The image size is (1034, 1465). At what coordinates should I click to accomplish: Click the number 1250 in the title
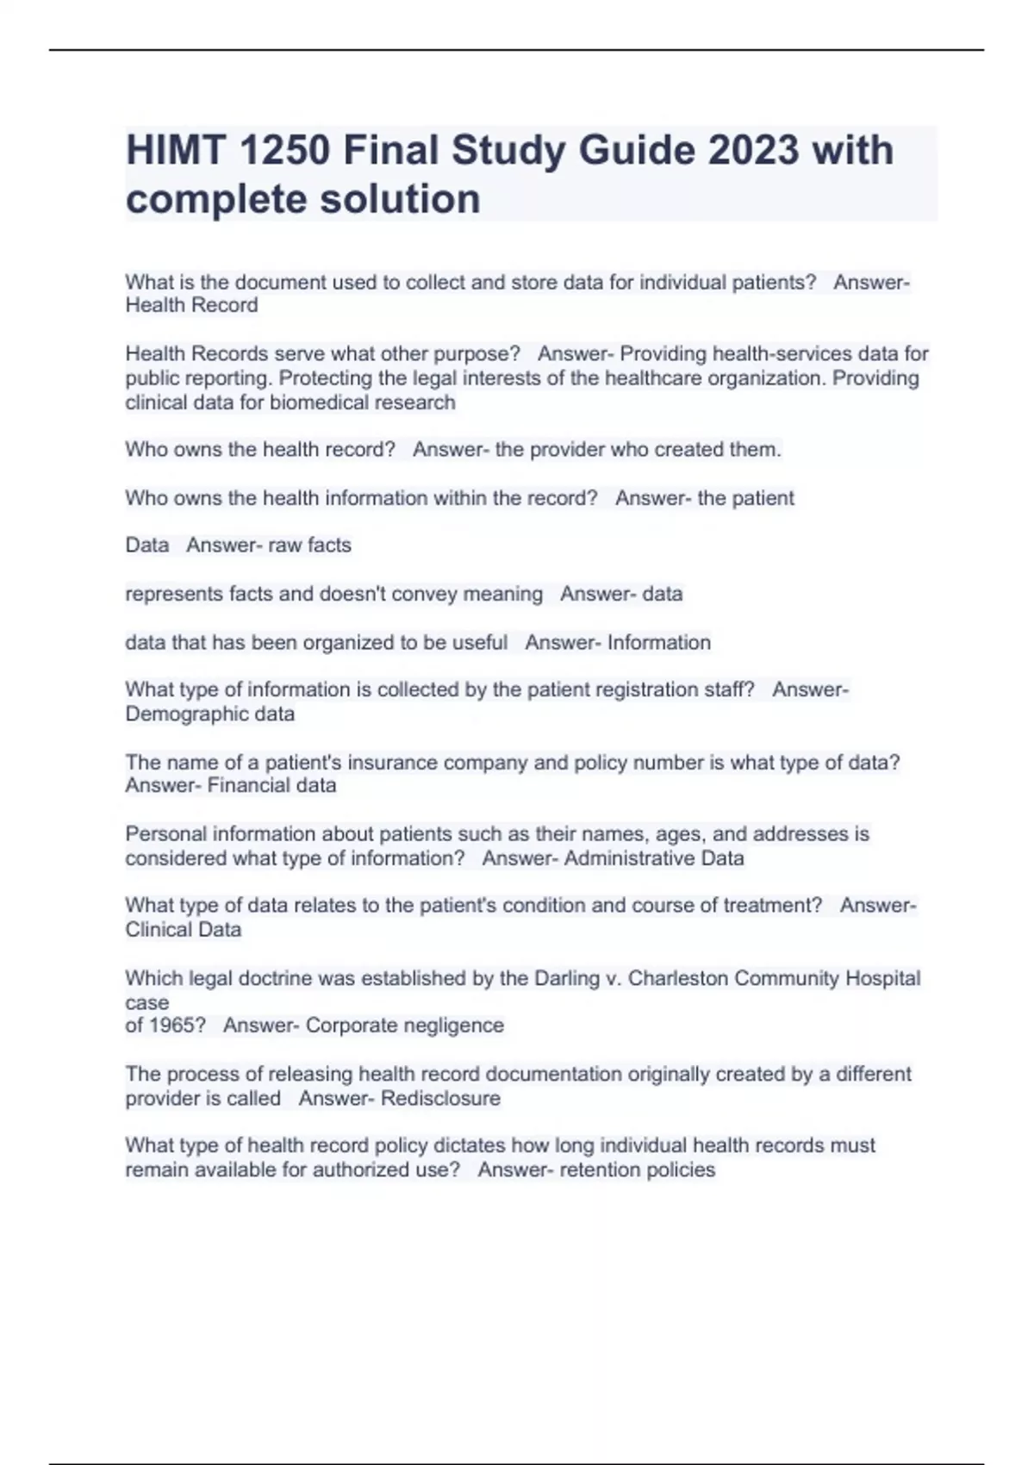(x=283, y=151)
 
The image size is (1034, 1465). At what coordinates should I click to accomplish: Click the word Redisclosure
(x=440, y=1099)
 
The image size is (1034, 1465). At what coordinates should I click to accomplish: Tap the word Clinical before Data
(x=158, y=930)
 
